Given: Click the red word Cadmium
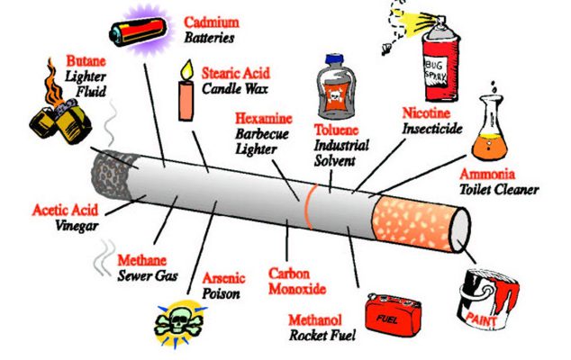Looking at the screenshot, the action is click(x=212, y=22).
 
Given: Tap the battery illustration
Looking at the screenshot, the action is click(x=139, y=32).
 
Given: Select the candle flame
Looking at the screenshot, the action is click(x=187, y=70).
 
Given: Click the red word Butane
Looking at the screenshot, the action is click(x=86, y=61).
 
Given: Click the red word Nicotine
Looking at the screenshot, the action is click(x=426, y=113).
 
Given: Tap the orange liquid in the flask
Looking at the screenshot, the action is click(x=489, y=147).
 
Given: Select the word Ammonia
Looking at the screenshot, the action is click(x=487, y=174).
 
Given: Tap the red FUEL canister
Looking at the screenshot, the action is click(x=394, y=313).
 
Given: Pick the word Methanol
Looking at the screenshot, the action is click(x=315, y=320).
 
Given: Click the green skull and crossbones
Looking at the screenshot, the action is click(x=178, y=322).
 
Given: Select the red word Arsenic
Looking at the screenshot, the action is click(x=223, y=278).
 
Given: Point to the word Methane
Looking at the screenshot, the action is click(x=141, y=260).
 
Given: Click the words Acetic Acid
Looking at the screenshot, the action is click(x=65, y=211).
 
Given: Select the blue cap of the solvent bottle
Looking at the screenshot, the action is click(x=334, y=59).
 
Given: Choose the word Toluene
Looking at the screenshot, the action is click(x=337, y=130).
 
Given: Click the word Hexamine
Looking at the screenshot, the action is click(x=264, y=119).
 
